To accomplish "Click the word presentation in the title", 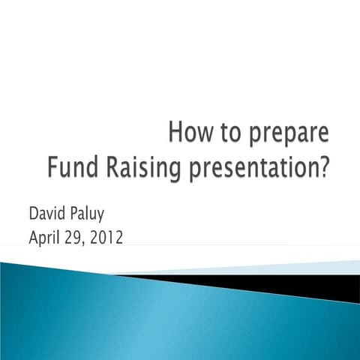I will [x=250, y=166].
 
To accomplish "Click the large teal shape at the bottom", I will [x=150, y=315].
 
